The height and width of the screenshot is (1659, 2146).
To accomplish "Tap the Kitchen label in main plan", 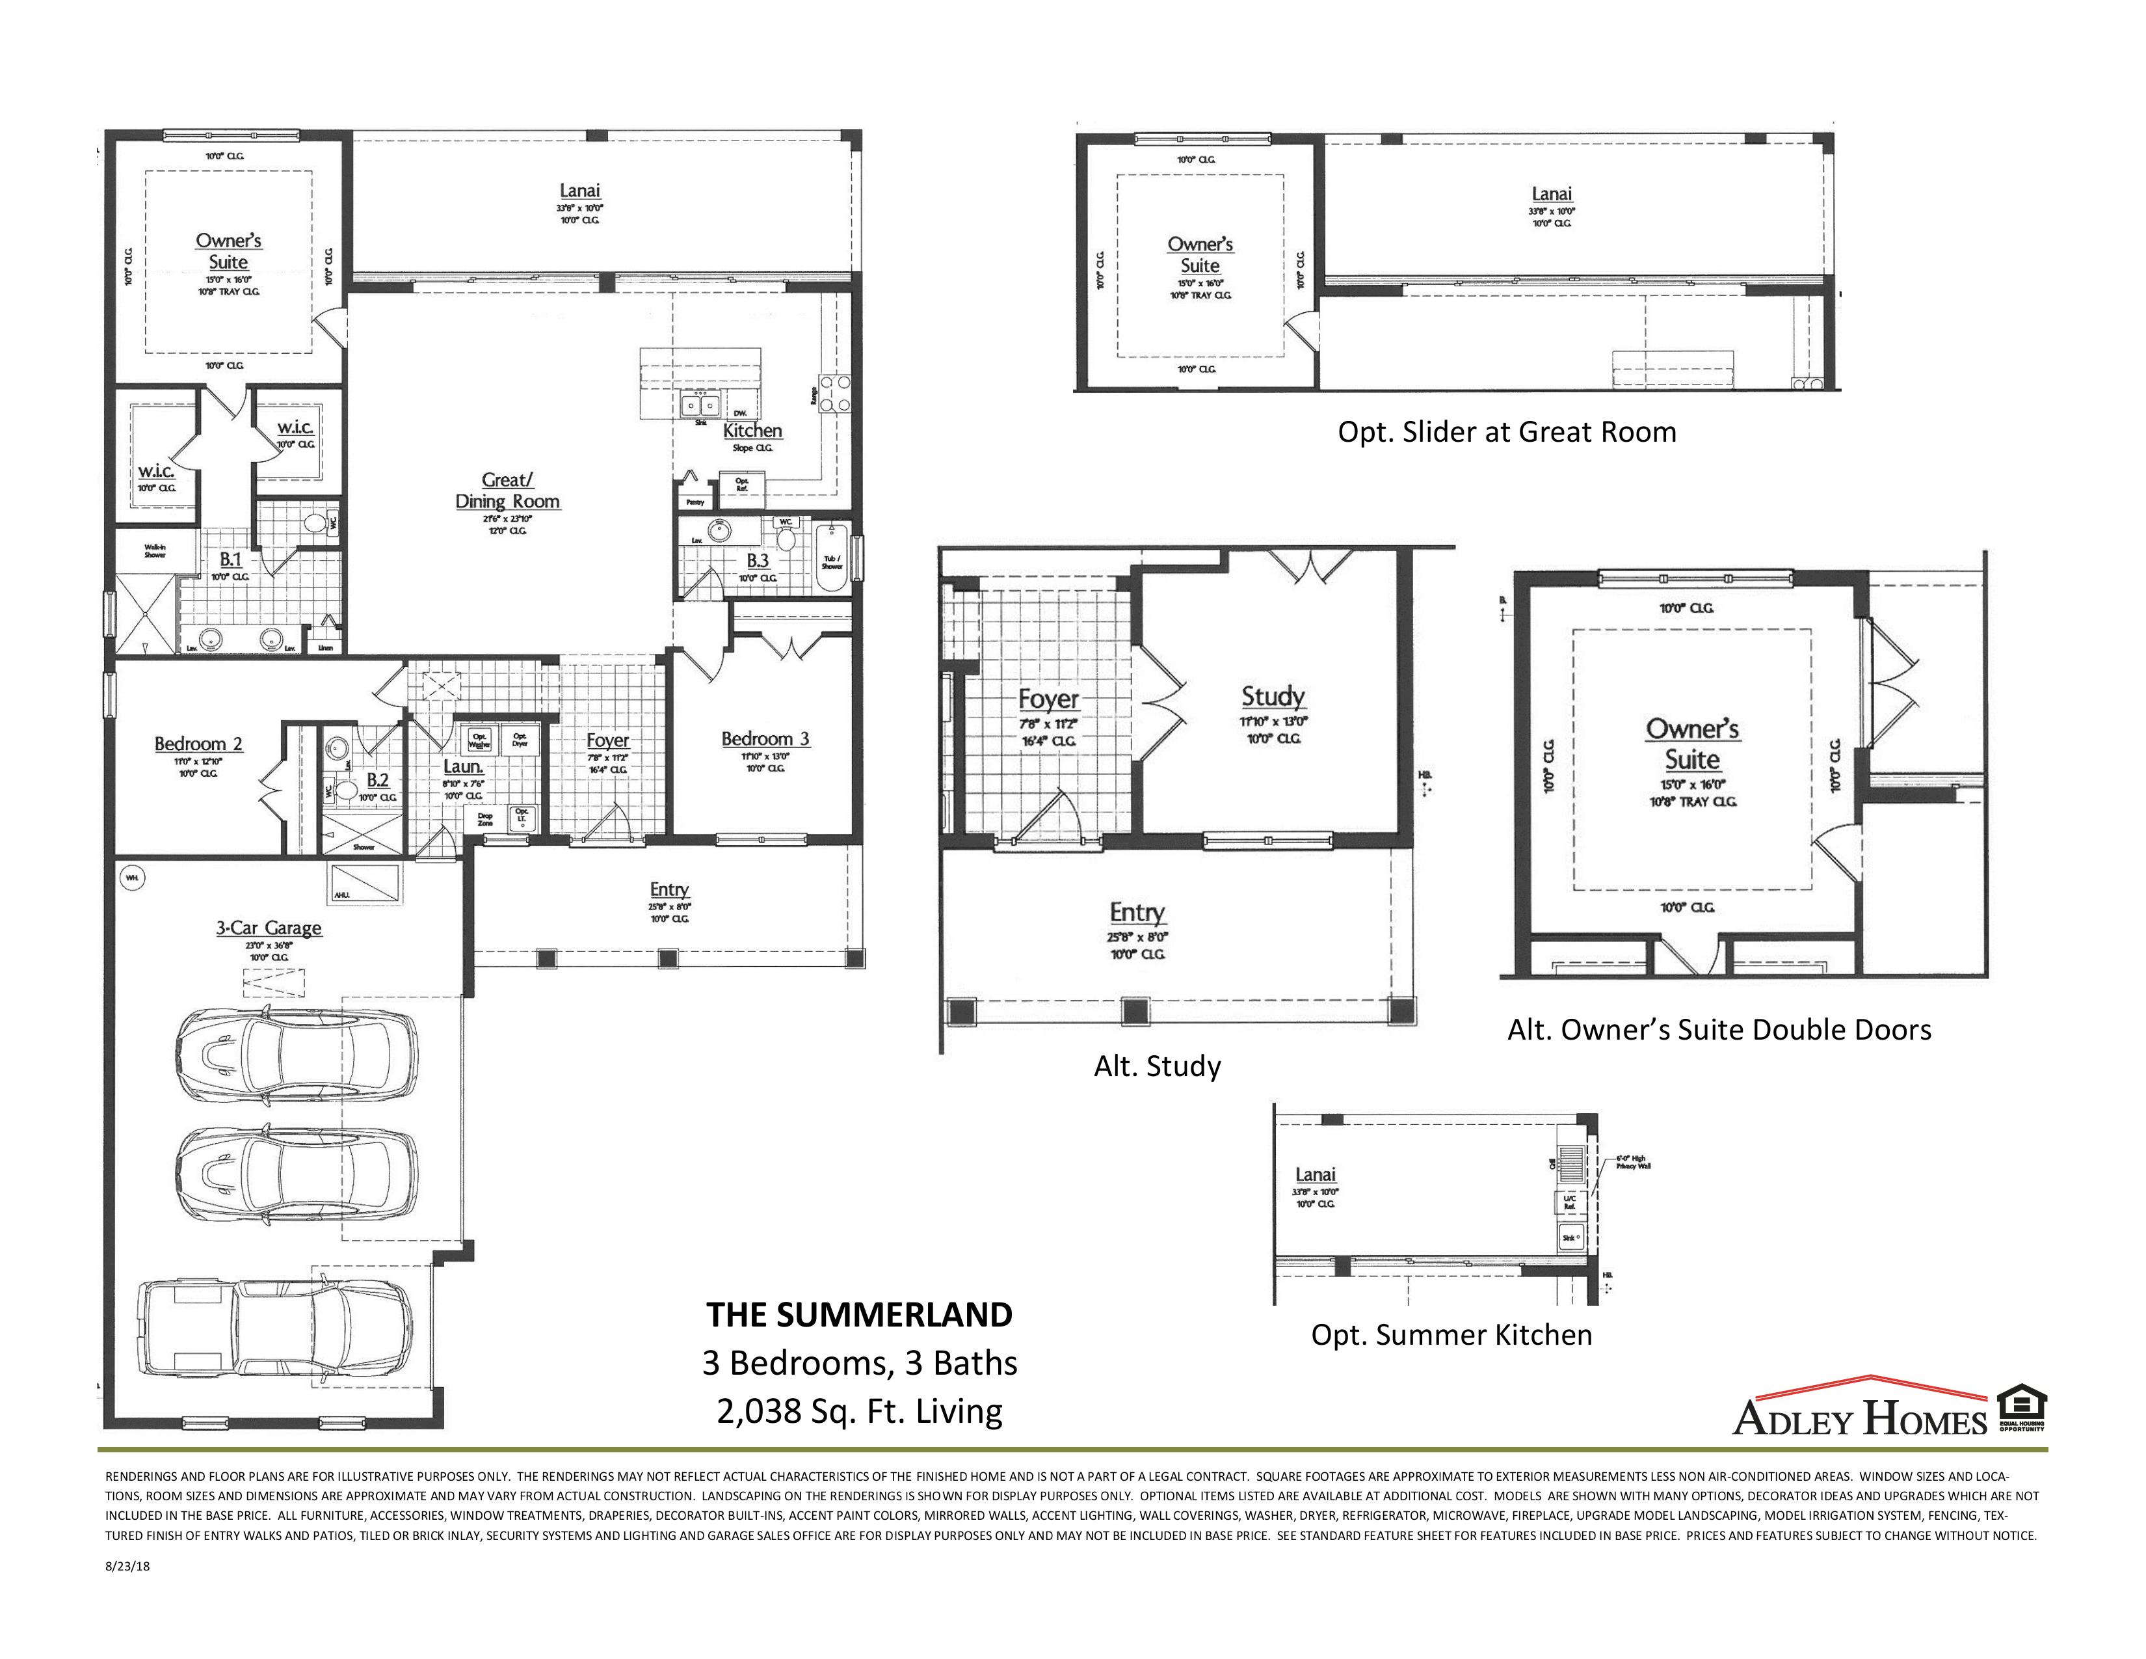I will (752, 431).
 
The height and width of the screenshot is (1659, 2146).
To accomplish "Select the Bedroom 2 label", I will (198, 744).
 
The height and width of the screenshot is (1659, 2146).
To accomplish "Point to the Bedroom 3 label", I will (765, 739).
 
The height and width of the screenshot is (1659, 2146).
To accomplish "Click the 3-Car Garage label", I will (268, 928).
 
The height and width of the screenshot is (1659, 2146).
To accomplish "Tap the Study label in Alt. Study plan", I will (1273, 697).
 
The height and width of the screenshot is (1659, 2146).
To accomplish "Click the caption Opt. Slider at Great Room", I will (1506, 431).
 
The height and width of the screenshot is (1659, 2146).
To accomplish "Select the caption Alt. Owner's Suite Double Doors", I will (1719, 1029).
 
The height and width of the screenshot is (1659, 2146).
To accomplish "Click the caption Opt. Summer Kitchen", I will (1451, 1334).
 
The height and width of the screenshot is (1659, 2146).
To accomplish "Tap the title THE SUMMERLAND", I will (859, 1315).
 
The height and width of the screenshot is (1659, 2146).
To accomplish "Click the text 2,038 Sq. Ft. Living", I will (859, 1411).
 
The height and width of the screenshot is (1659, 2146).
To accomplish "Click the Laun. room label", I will (462, 766).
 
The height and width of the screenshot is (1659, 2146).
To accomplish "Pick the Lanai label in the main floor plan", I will (579, 191).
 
